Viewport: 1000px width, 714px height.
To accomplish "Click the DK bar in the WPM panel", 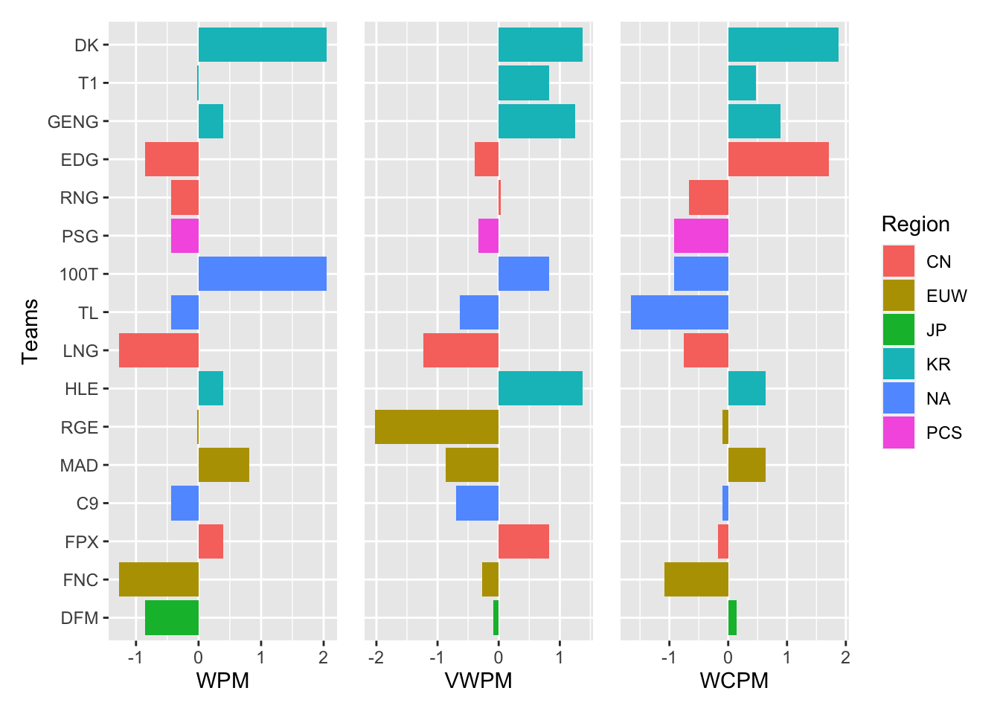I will [x=262, y=45].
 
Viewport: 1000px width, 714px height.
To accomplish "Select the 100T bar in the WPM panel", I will [x=262, y=274].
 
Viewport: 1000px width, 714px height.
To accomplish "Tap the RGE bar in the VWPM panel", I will [x=437, y=427].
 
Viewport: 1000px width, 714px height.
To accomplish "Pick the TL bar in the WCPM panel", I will [x=679, y=312].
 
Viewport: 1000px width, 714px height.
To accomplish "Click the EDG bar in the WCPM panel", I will [x=778, y=159].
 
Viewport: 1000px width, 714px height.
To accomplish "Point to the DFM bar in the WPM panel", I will [x=172, y=617].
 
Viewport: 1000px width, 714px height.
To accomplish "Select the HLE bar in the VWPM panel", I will [x=540, y=388].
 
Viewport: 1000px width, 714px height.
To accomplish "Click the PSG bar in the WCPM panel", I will [x=701, y=236].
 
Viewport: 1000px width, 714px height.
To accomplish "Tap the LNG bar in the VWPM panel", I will [x=461, y=350].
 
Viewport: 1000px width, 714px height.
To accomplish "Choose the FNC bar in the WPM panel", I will [x=158, y=579].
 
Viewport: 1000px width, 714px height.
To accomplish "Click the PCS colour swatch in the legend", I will [x=899, y=433].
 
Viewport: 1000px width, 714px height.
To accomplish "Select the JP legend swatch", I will [x=899, y=330].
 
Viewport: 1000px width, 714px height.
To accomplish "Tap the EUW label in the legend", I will [x=946, y=296].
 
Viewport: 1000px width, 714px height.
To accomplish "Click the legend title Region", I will [x=915, y=225].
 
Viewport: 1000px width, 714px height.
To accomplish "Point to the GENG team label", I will [x=73, y=122].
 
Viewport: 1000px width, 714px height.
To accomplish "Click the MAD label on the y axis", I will [x=79, y=466].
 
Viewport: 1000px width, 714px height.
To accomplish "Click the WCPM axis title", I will [x=734, y=681].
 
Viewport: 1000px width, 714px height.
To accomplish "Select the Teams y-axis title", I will [x=30, y=331].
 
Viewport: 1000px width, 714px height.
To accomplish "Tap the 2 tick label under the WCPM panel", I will [x=845, y=657].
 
